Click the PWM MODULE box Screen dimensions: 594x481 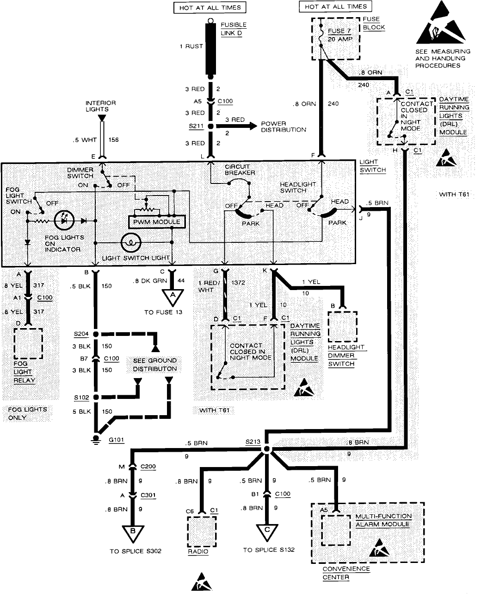coord(156,222)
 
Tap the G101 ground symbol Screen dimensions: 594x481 coord(96,439)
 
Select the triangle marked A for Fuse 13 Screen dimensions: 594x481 coord(173,295)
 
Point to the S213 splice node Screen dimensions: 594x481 coord(266,450)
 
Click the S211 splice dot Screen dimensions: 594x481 coord(210,126)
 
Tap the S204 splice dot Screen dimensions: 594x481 coord(96,334)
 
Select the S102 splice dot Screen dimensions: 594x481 coord(96,397)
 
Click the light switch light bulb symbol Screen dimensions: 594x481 coord(131,242)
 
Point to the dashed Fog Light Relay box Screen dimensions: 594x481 coord(28,343)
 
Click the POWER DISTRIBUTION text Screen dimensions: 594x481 coord(284,126)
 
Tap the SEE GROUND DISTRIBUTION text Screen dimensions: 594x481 coord(155,365)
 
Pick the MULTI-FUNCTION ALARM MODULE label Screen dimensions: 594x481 coord(383,520)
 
